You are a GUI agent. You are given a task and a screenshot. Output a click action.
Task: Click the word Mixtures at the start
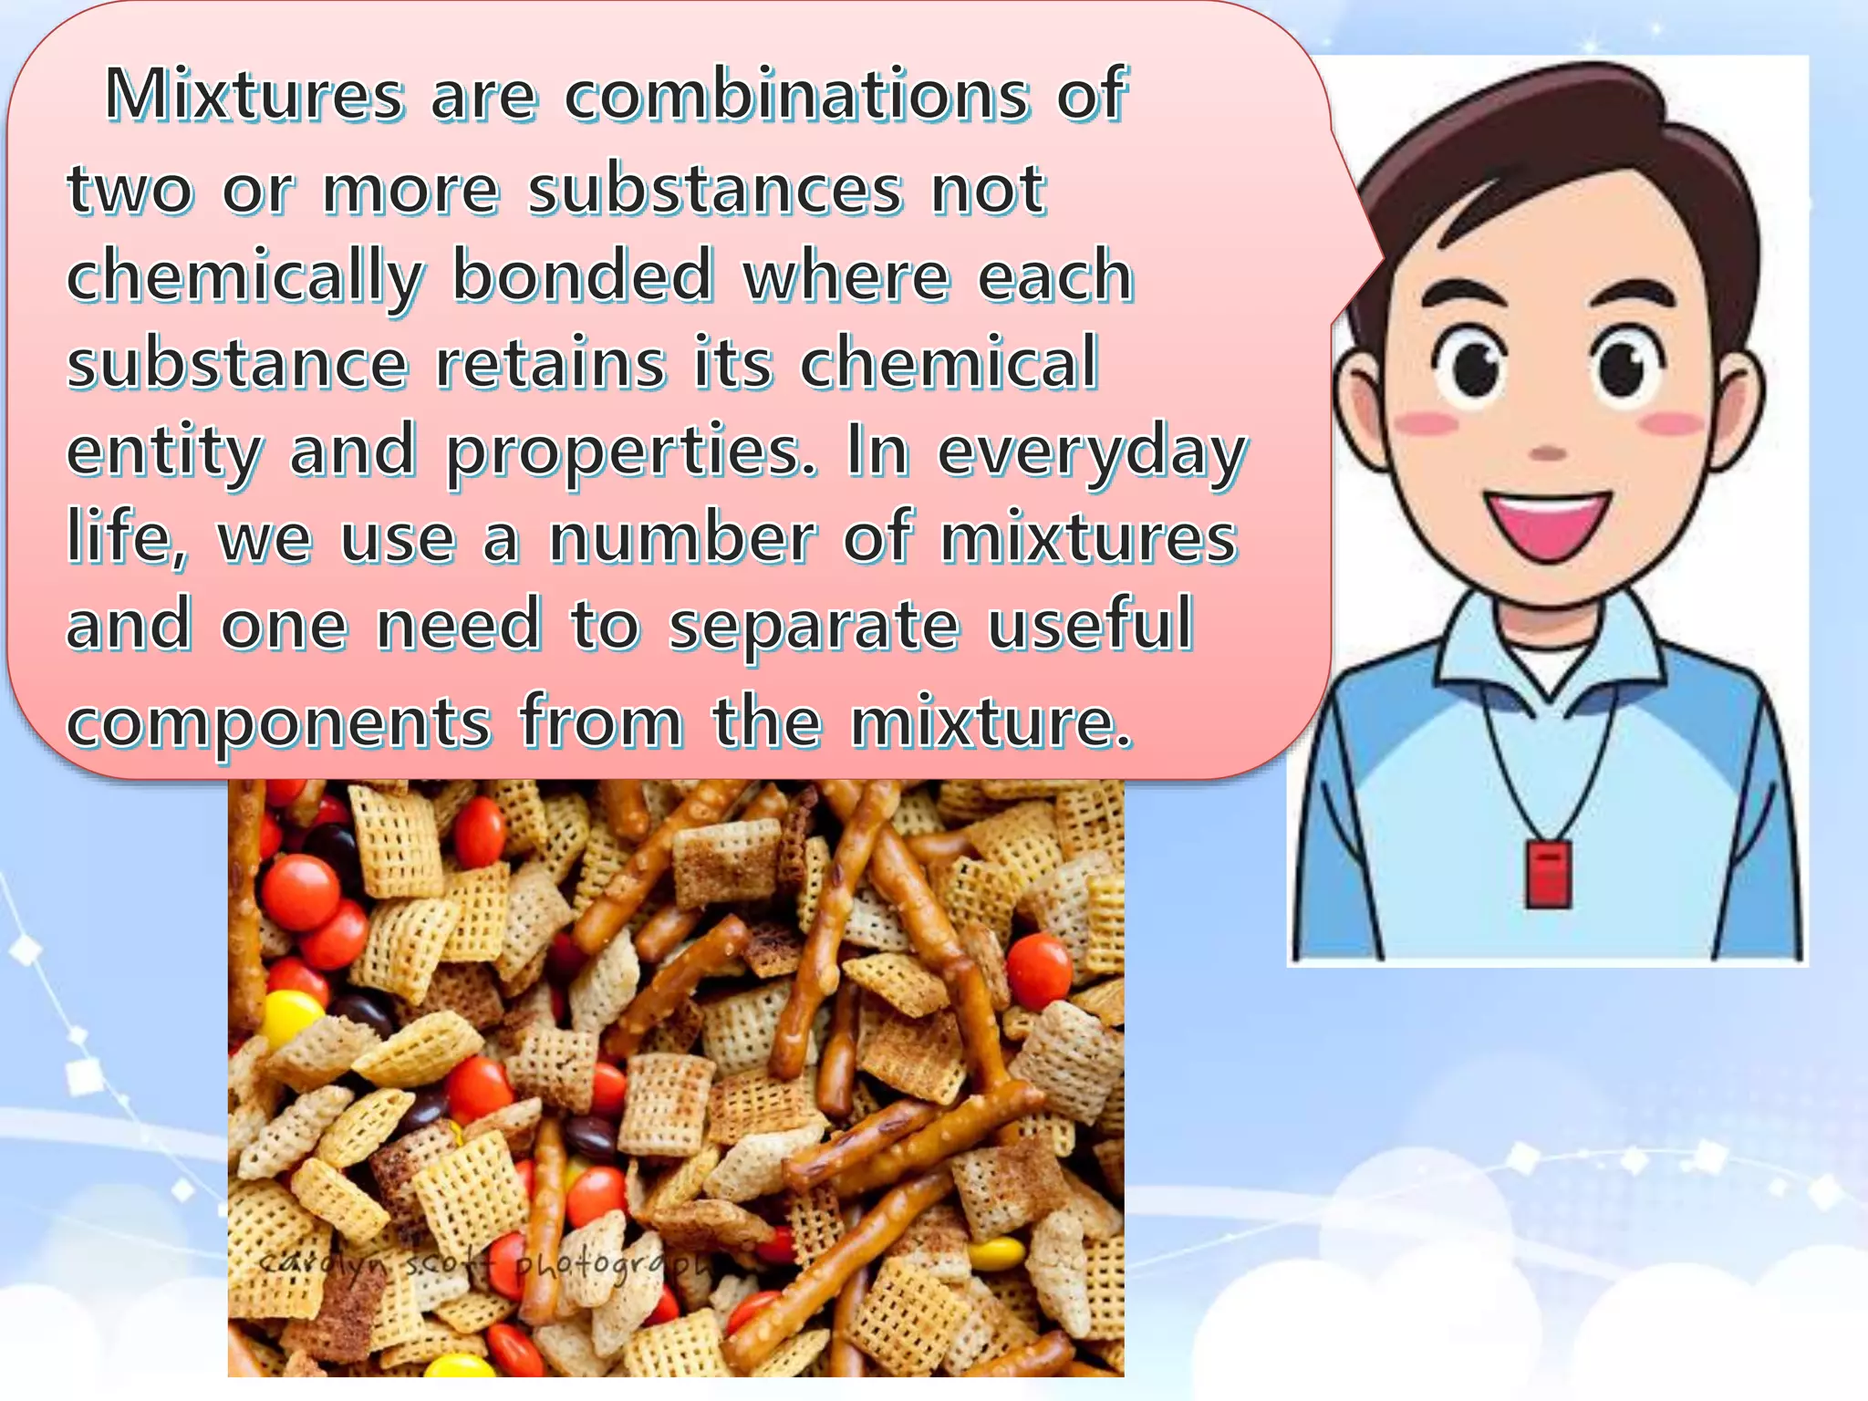254,95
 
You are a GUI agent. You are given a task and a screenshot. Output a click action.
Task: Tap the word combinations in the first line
795,95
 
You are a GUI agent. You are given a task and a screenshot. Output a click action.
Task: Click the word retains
550,363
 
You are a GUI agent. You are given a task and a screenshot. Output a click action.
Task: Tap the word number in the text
682,538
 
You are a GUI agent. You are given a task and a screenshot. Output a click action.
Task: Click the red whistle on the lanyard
1548,875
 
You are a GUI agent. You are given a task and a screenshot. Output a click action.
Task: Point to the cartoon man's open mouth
1547,523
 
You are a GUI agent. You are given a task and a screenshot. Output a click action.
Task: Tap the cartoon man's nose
1547,452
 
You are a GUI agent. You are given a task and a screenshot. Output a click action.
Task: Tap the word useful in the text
1091,626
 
